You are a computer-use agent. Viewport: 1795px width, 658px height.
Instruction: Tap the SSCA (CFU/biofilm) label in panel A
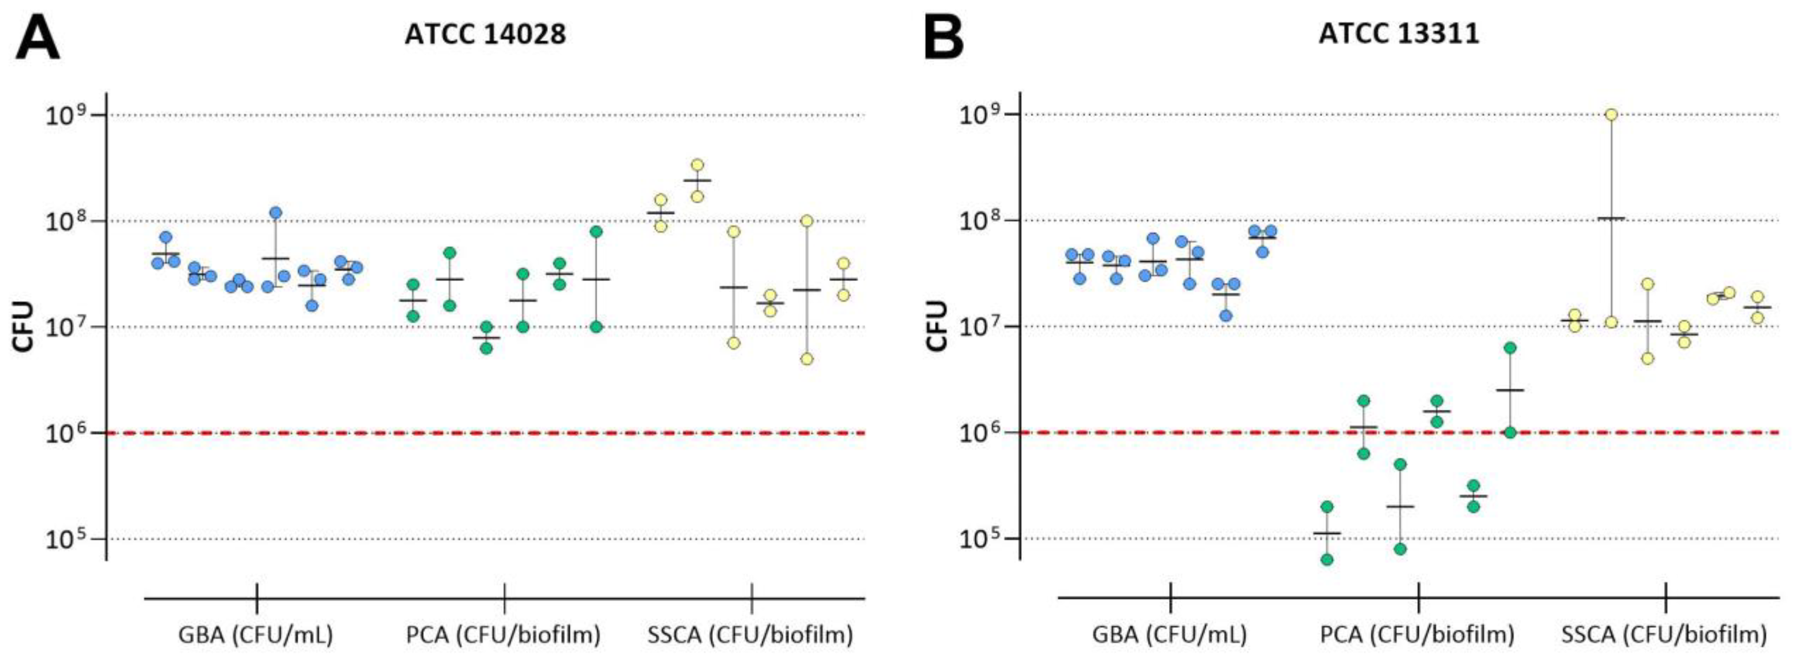coord(751,634)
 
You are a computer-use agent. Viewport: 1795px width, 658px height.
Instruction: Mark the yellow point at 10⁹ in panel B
coord(1610,114)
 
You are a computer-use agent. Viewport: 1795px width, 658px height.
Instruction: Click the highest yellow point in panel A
coord(698,165)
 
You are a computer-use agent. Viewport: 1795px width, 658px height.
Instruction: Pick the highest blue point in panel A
coord(276,212)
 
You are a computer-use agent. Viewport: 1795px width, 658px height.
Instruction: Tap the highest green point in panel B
coord(1510,348)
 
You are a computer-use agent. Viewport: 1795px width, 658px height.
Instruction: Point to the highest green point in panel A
coord(596,231)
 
